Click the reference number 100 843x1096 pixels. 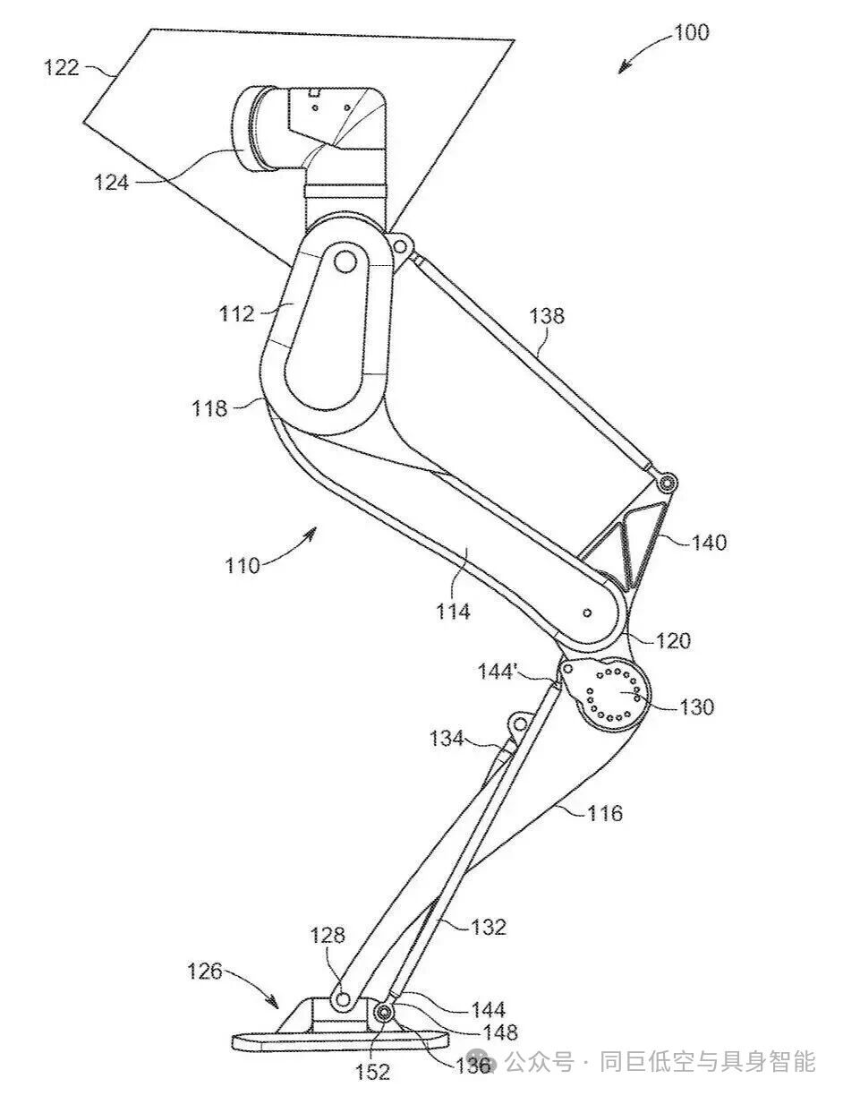(692, 33)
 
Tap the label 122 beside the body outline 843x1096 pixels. (62, 67)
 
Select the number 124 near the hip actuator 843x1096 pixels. (111, 182)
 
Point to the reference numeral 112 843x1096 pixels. (237, 314)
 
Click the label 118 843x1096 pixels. (209, 407)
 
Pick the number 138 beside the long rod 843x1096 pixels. (547, 316)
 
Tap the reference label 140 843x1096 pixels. (709, 543)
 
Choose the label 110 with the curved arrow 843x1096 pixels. (243, 565)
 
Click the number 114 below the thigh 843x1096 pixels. (453, 612)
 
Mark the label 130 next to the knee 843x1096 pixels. (697, 707)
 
